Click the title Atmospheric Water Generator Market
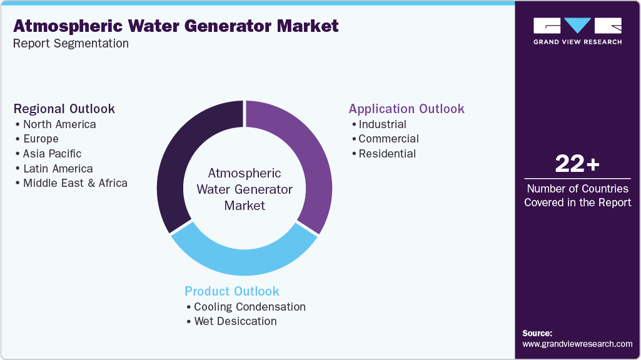click(x=176, y=26)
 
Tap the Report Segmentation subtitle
click(x=71, y=44)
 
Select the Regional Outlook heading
click(x=64, y=109)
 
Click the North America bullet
click(x=59, y=124)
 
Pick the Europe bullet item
click(x=41, y=139)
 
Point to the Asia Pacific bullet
click(x=52, y=154)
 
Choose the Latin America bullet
click(x=58, y=169)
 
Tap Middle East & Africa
click(x=75, y=184)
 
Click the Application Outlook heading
click(x=406, y=109)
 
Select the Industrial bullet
click(x=382, y=124)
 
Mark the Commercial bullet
click(x=388, y=139)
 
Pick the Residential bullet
click(x=387, y=154)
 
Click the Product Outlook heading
click(x=232, y=291)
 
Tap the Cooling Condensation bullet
click(x=250, y=307)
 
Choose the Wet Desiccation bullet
click(x=235, y=321)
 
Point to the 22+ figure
click(x=577, y=164)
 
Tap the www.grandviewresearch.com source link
click(x=577, y=344)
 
